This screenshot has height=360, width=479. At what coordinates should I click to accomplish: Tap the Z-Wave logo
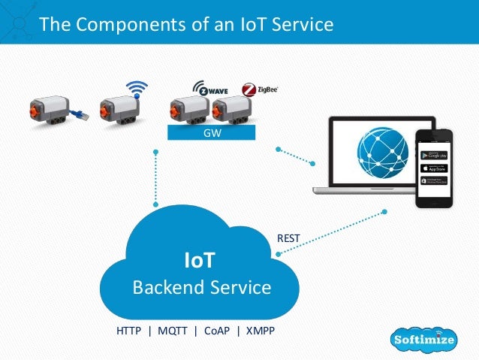point(209,90)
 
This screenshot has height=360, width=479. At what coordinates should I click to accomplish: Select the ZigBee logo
point(260,90)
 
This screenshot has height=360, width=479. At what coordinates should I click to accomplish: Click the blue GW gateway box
point(211,133)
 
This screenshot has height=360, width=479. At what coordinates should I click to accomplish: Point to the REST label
point(288,238)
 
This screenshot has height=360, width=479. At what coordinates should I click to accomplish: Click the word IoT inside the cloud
point(200,261)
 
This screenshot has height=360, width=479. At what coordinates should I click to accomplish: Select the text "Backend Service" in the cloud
point(202,287)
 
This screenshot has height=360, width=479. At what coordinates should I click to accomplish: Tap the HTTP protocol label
point(129,330)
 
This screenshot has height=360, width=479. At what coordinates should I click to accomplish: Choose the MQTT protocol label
point(170,330)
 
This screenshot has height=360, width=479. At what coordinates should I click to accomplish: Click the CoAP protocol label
point(215,330)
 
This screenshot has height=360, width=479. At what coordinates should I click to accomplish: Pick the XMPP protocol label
point(259,330)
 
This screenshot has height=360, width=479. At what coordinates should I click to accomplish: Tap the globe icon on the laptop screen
point(384,155)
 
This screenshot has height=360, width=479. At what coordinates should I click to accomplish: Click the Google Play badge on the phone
point(435,156)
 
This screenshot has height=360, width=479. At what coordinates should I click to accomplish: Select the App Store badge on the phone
point(435,168)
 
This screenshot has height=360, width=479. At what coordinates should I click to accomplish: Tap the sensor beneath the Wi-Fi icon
point(119,110)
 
